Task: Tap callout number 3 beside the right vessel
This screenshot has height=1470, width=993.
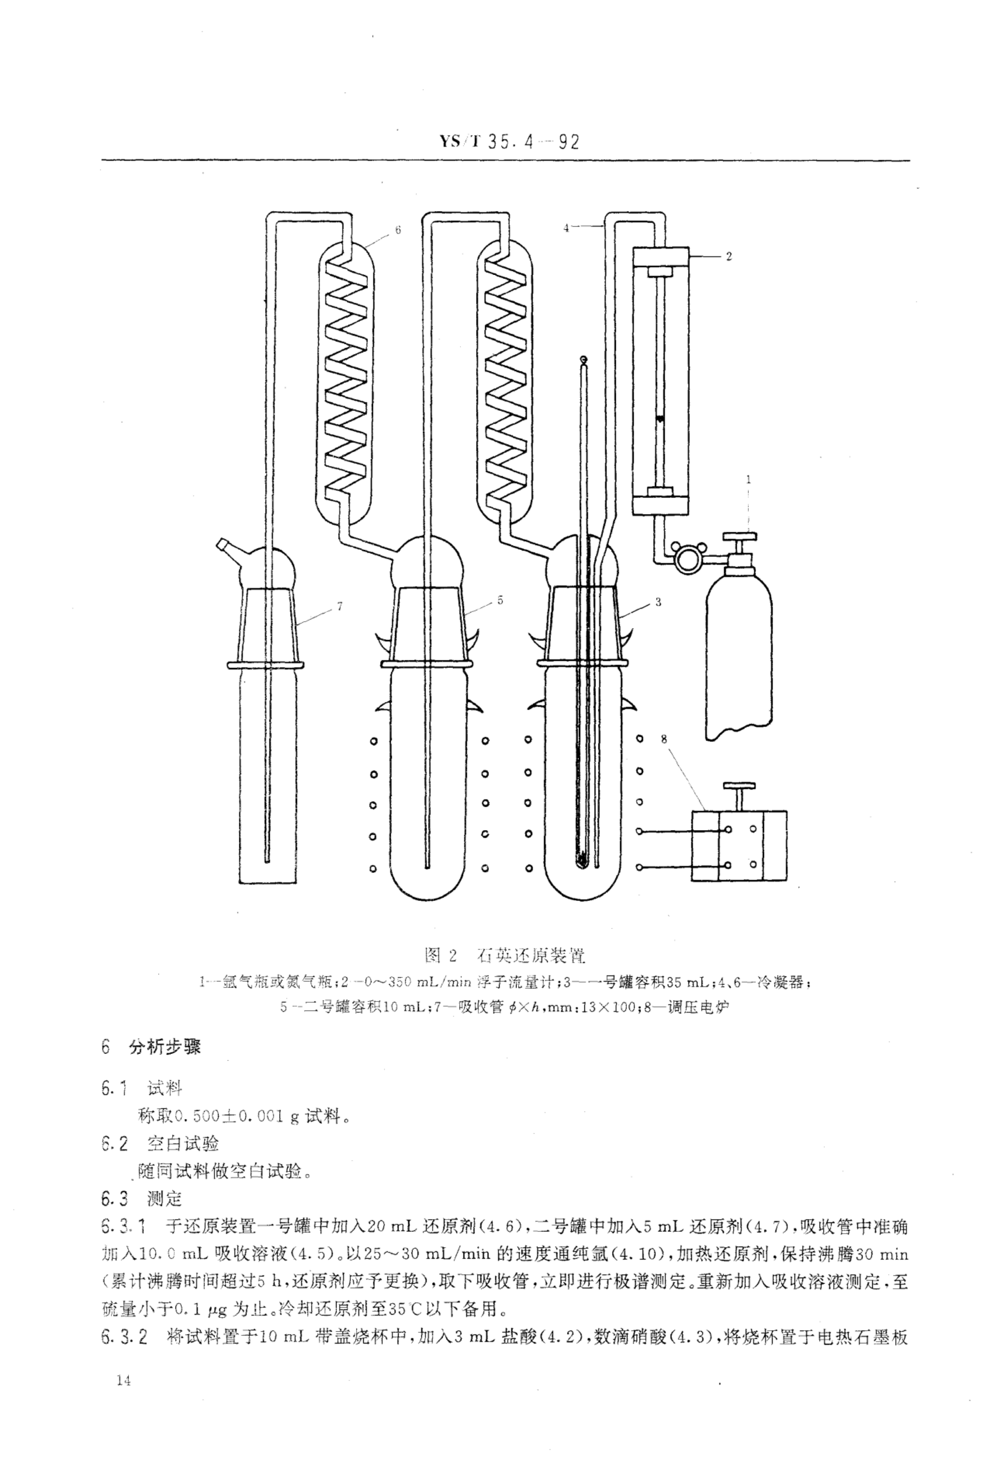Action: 658,602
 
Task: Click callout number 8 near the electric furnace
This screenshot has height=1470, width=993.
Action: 663,738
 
